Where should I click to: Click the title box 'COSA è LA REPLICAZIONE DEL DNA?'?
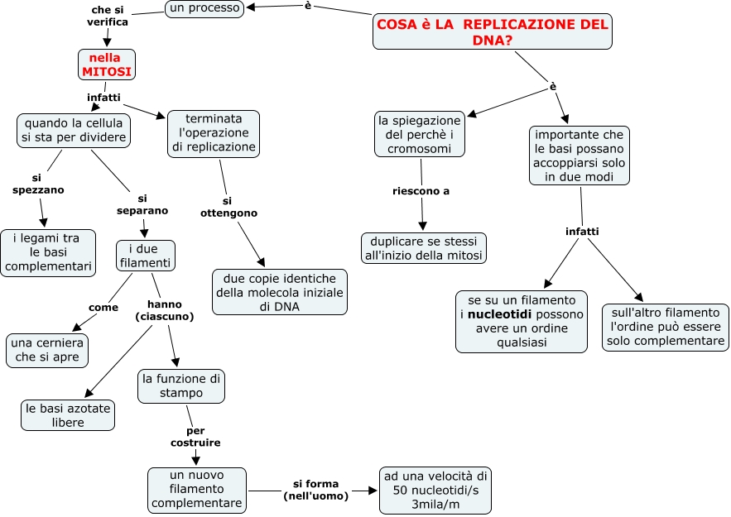tap(493, 32)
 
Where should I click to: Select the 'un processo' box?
tap(204, 9)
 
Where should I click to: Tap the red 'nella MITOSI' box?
tap(106, 65)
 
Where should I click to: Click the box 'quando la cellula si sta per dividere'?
tap(74, 130)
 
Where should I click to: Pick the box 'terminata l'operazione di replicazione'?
tap(214, 133)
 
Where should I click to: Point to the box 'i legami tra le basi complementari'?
tap(47, 252)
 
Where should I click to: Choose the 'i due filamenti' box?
tap(145, 256)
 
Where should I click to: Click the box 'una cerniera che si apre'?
tap(47, 350)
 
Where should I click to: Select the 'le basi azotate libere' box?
tap(68, 415)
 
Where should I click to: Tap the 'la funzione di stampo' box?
tap(181, 386)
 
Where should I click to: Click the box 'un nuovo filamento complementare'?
tap(197, 489)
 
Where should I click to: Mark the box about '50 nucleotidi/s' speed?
tap(435, 489)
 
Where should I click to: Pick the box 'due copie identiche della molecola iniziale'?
tap(280, 292)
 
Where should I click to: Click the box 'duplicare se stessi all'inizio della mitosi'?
tap(423, 248)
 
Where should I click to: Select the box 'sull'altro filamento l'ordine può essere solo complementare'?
tap(665, 328)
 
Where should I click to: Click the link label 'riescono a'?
tap(421, 191)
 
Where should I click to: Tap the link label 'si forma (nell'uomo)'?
tap(315, 490)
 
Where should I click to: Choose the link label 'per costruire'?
tap(195, 437)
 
